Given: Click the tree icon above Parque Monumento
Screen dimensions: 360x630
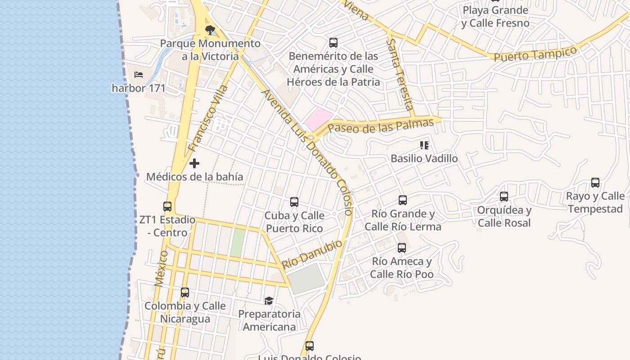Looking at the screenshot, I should tap(210, 30).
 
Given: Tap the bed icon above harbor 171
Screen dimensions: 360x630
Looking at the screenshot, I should tap(139, 74).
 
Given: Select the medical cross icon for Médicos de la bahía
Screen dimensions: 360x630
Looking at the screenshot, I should tap(194, 163).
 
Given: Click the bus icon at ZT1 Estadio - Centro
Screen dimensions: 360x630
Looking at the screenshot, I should tap(167, 207).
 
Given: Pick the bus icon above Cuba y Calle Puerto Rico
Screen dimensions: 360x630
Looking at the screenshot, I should tap(294, 202).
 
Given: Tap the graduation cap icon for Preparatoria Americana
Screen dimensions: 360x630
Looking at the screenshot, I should tap(269, 300).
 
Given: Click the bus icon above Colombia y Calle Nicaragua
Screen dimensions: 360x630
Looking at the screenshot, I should tap(185, 292).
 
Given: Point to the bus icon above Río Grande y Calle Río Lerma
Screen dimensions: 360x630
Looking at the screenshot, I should tap(403, 200).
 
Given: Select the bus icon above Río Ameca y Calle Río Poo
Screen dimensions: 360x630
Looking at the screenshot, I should tap(402, 248).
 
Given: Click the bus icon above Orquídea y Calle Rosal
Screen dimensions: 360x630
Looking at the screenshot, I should tap(504, 197).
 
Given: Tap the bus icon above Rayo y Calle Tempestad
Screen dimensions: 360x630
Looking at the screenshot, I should tap(595, 183).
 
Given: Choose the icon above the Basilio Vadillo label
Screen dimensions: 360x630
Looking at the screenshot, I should tap(424, 145).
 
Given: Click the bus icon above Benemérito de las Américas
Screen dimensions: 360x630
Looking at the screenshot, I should tap(333, 43).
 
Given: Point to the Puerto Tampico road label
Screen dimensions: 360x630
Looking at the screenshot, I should tap(535, 54).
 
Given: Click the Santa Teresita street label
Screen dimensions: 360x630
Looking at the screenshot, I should tap(400, 74).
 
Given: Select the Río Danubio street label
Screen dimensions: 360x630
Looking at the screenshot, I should tap(312, 254).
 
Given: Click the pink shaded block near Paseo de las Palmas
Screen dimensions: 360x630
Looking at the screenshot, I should tap(317, 119).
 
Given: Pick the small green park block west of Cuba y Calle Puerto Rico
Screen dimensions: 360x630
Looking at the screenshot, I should tap(238, 243).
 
